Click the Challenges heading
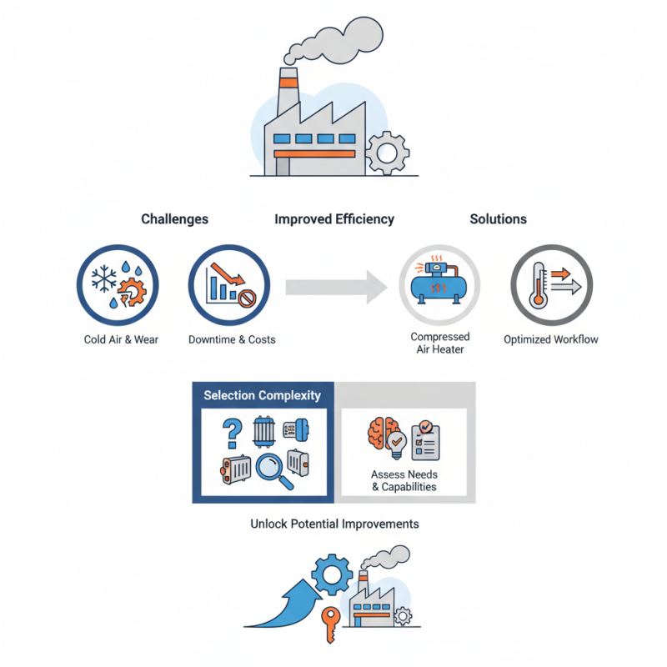(x=174, y=219)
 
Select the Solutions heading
(x=498, y=219)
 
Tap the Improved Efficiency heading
(x=334, y=219)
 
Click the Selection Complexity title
(x=262, y=395)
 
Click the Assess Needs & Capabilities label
(x=404, y=480)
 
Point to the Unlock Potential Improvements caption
(x=334, y=524)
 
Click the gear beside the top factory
(x=387, y=152)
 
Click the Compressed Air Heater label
(x=439, y=343)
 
